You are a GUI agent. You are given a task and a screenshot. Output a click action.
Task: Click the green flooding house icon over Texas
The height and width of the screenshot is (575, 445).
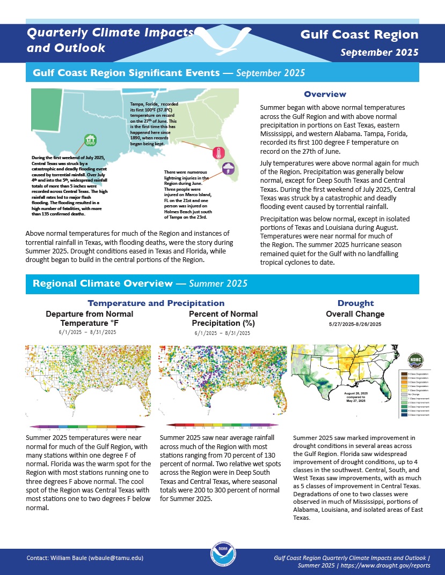coord(91,140)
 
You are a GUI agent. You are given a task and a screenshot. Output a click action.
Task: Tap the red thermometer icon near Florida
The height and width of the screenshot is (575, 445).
coord(219,153)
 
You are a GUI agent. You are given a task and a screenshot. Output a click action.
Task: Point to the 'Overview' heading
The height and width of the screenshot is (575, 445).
coord(325,94)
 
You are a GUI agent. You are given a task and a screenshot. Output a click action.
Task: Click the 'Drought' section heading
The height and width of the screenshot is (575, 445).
coord(355,303)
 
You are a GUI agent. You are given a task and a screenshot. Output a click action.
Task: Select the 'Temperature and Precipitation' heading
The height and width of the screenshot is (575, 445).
coord(156,303)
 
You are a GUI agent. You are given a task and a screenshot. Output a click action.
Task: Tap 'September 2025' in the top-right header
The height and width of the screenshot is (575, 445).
coord(380,53)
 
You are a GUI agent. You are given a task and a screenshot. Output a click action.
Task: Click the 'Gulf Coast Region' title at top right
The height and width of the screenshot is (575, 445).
coord(359,35)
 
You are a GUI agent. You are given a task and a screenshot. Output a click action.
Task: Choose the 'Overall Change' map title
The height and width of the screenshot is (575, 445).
coord(355,314)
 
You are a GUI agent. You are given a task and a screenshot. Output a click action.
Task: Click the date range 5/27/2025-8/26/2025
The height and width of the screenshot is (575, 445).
coord(355,324)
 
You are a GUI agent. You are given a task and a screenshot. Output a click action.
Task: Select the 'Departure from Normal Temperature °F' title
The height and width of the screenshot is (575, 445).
coord(90,318)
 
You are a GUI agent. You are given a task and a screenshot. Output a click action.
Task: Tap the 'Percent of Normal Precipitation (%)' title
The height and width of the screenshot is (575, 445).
coord(223,318)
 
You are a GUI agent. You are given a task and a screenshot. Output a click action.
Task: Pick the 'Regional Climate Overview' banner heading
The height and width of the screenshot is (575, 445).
coord(103,283)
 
